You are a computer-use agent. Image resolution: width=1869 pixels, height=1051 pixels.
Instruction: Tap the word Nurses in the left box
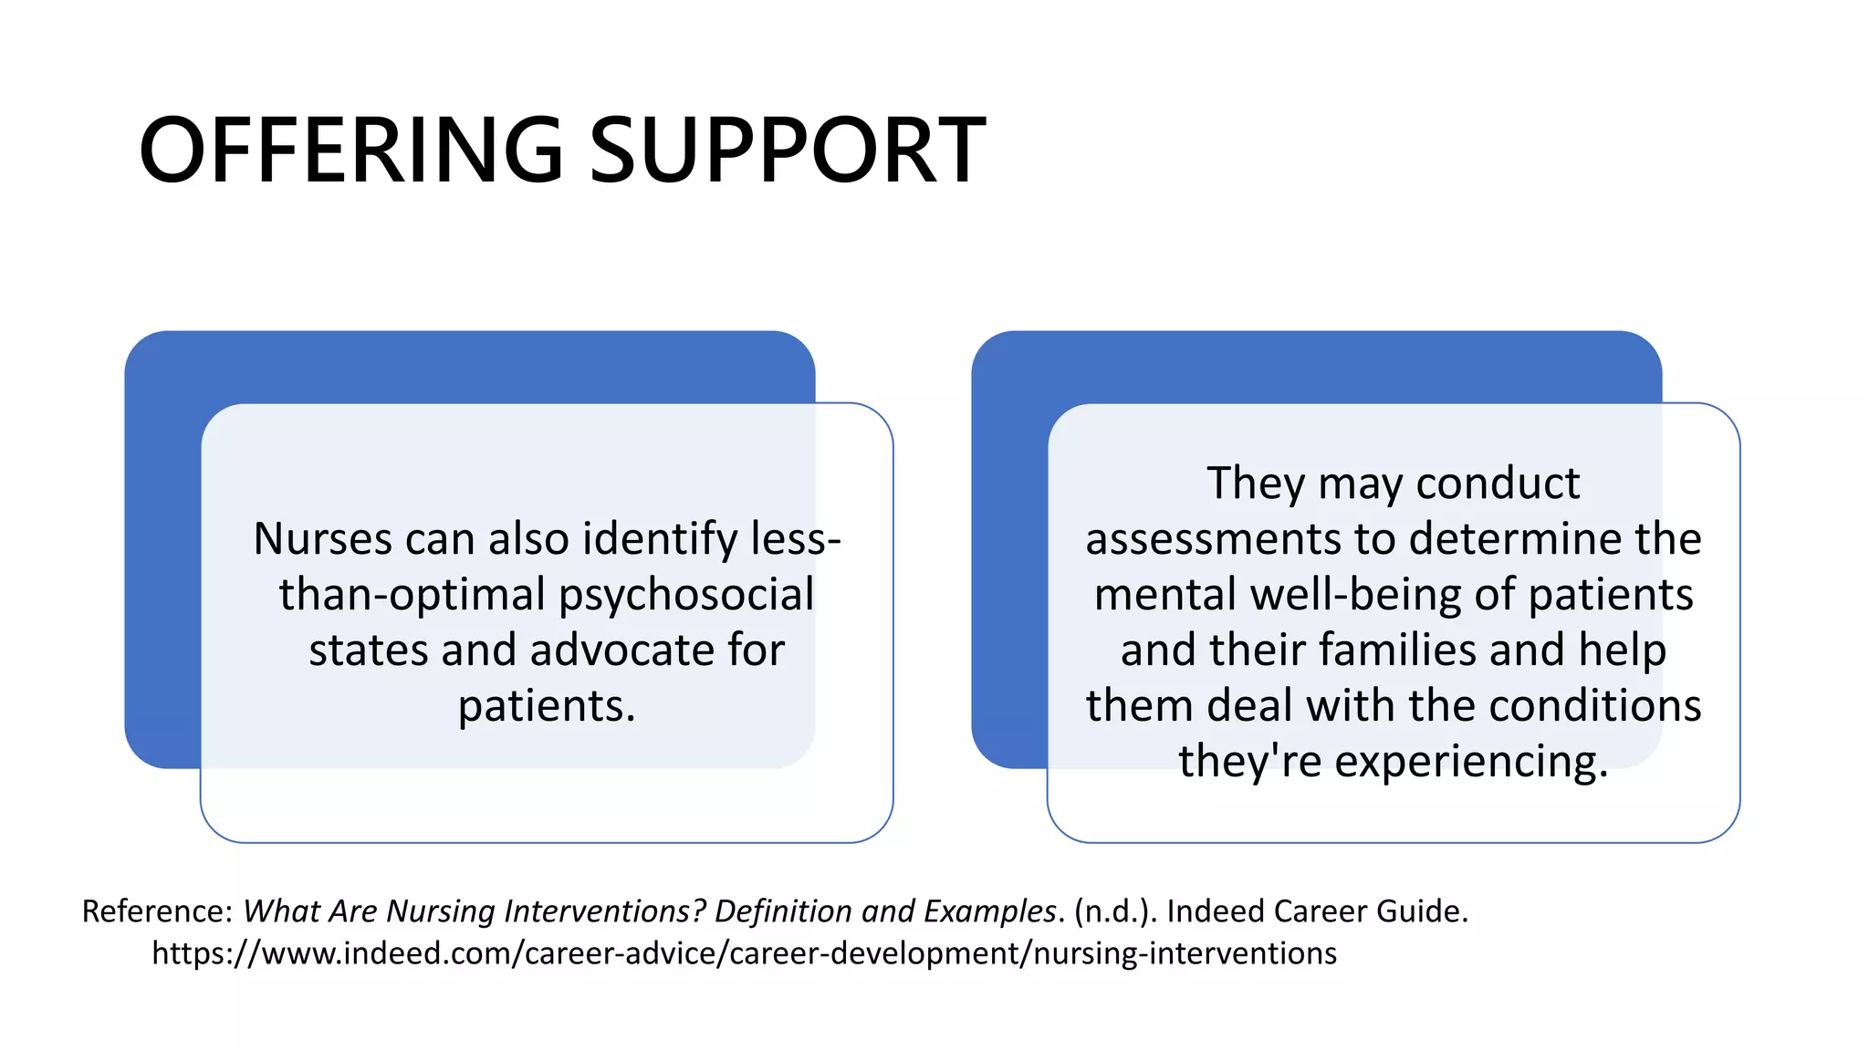pyautogui.click(x=322, y=538)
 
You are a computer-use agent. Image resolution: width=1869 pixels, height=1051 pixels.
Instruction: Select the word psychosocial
pyautogui.click(x=685, y=595)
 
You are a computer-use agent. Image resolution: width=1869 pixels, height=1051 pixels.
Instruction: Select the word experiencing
pyautogui.click(x=1470, y=762)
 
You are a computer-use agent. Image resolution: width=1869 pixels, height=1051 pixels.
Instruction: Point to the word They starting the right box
pyautogui.click(x=1256, y=483)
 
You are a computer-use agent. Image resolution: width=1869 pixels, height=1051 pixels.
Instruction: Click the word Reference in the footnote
pyautogui.click(x=157, y=911)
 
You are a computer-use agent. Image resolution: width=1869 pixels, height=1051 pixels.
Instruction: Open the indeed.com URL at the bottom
pyautogui.click(x=744, y=953)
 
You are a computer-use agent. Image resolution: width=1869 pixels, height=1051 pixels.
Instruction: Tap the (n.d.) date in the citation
pyautogui.click(x=1115, y=911)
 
